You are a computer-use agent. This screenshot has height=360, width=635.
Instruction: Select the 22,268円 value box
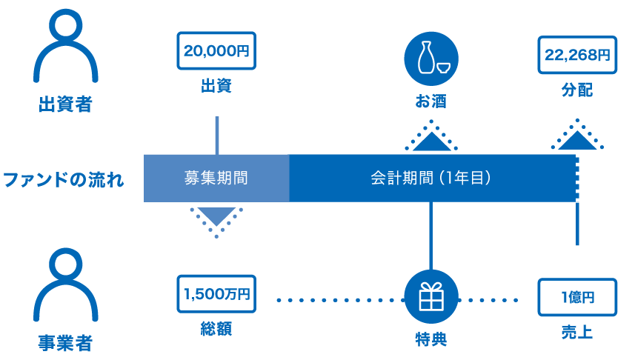point(577,54)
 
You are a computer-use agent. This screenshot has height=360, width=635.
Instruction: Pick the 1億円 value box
point(577,298)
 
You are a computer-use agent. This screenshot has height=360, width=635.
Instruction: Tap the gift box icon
point(430,297)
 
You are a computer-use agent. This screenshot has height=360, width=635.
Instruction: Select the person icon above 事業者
point(65,285)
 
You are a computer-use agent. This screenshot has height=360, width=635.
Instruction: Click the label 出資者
point(65,104)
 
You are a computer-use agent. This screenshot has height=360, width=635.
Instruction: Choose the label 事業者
point(65,344)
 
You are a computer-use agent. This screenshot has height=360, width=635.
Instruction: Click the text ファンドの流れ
point(64,179)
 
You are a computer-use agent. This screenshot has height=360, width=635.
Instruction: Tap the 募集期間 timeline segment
point(216,179)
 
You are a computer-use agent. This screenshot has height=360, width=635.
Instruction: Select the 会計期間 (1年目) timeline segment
point(431,179)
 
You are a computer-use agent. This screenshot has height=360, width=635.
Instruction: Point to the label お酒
point(430,101)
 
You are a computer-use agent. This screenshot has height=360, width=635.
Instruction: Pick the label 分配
point(577,90)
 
